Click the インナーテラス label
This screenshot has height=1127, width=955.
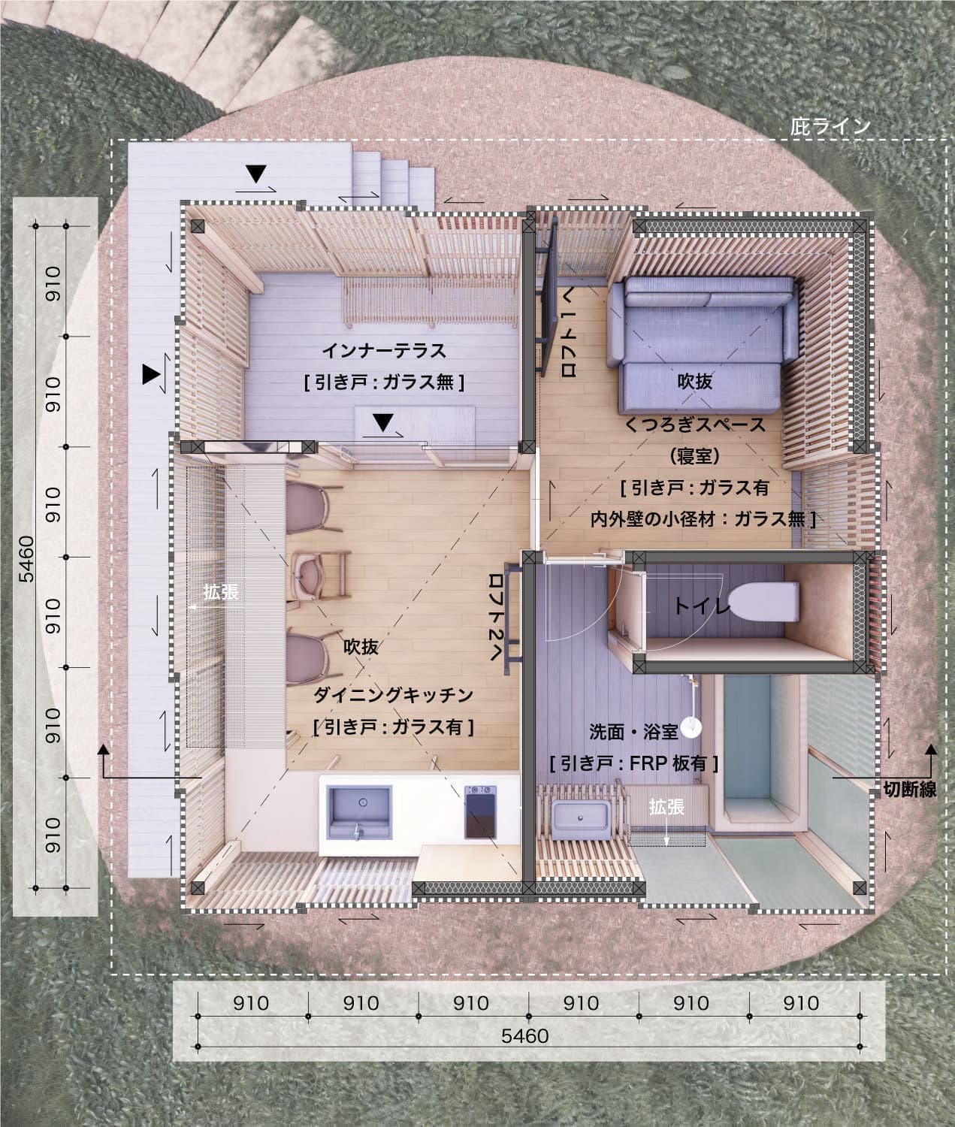point(384,351)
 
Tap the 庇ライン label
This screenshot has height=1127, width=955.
point(830,126)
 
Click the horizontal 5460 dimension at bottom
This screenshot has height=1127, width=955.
point(525,1036)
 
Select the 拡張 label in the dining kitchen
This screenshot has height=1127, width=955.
point(221,592)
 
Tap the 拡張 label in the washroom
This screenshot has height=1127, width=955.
point(666,807)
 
